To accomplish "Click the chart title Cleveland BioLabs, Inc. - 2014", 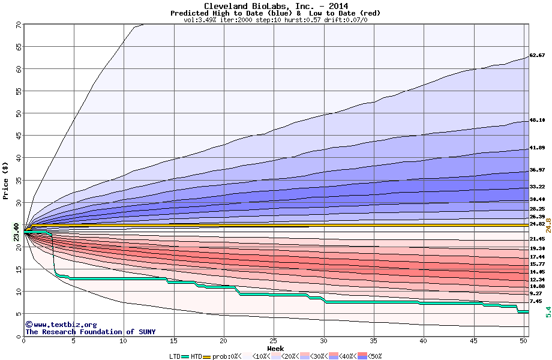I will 275,7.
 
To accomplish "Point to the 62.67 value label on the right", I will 537,56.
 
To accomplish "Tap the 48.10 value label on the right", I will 537,121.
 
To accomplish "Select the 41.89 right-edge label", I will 537,148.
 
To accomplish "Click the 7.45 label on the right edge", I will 536,302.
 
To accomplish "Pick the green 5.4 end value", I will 548,312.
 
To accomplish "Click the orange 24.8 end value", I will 548,225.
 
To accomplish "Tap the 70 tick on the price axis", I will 19,25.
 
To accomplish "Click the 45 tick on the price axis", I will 19,136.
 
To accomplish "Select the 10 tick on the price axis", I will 19,292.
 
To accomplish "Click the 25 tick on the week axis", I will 274,341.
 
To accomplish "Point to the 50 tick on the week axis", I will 524,341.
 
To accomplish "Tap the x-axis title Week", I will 275,348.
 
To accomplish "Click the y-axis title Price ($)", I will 6,180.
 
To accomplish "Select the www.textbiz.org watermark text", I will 57,325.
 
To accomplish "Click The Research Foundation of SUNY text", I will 88,332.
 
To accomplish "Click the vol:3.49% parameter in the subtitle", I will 200,20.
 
